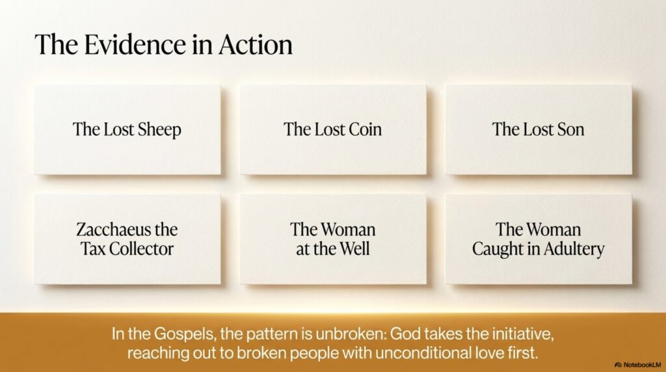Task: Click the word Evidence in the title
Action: tap(135, 45)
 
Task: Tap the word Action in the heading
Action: tap(256, 45)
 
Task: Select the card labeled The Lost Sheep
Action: tap(127, 129)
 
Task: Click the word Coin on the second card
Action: tap(364, 129)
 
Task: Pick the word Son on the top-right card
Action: tap(570, 129)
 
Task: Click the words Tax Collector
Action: tap(127, 249)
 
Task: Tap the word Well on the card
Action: tap(354, 249)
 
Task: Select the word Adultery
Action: tap(574, 250)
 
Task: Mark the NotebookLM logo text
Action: tap(642, 365)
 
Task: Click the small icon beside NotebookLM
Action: tap(619, 365)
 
